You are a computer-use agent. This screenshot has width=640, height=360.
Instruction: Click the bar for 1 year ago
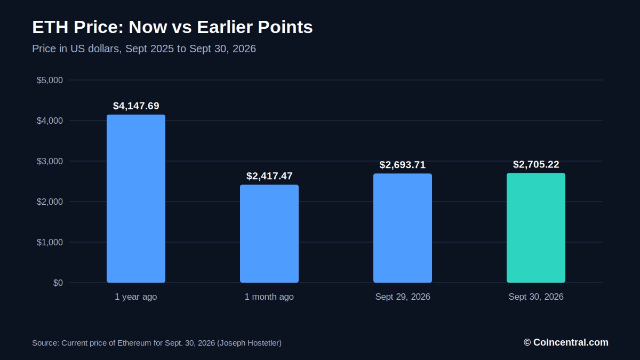tap(136, 198)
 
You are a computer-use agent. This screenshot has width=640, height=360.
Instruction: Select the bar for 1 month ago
tap(269, 234)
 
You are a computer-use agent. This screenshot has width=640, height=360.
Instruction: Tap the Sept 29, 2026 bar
tap(403, 228)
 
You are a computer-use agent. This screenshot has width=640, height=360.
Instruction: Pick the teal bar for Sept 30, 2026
tap(536, 228)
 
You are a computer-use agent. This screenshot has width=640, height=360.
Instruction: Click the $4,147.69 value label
tap(136, 106)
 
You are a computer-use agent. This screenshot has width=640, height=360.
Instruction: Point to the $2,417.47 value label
tap(269, 176)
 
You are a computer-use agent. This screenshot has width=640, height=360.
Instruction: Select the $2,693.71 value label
tap(403, 165)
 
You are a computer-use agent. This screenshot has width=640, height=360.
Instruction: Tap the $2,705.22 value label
tap(536, 164)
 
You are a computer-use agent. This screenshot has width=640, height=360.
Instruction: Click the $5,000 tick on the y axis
tap(50, 81)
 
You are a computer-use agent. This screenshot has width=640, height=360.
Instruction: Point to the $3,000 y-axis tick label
tap(50, 162)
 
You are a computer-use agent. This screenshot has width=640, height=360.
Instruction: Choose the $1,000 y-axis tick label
tap(50, 243)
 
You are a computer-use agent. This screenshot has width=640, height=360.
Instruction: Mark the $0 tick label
tap(58, 283)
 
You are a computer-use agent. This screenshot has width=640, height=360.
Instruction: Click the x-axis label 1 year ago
tap(135, 297)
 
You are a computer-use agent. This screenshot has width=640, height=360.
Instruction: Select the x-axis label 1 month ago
tap(269, 297)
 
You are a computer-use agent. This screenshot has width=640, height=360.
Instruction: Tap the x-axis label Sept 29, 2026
tap(403, 297)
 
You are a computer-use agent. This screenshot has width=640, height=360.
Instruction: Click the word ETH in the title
tap(50, 27)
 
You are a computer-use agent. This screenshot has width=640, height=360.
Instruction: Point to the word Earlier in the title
tap(225, 27)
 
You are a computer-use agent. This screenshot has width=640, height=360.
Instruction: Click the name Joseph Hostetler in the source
tap(249, 343)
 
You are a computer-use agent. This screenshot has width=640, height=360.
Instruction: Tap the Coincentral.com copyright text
tap(566, 342)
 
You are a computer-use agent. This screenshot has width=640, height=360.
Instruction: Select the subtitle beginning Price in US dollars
tap(144, 49)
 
